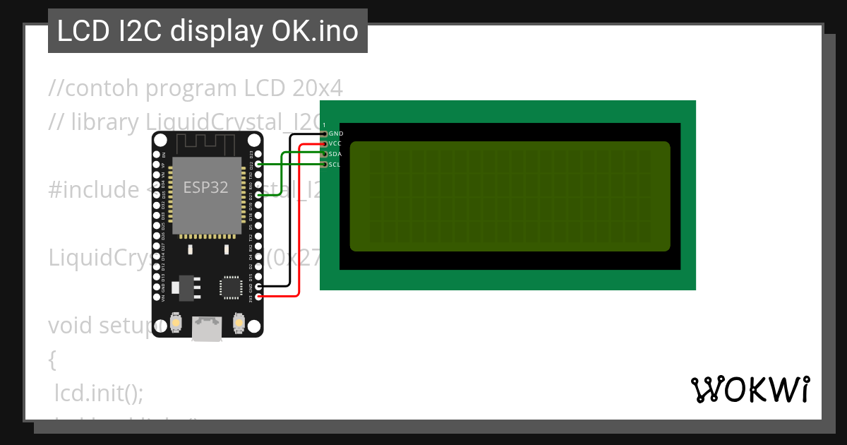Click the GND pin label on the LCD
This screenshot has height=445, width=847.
pyautogui.click(x=336, y=133)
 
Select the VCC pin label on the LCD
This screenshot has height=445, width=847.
pyautogui.click(x=335, y=143)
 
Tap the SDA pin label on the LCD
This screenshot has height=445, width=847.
pyautogui.click(x=335, y=154)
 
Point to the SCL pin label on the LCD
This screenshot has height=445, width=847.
pyautogui.click(x=335, y=165)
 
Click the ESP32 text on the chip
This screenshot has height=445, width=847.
pyautogui.click(x=205, y=187)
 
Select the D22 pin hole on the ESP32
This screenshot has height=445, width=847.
pyautogui.click(x=260, y=164)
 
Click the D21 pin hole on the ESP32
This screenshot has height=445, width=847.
pyautogui.click(x=260, y=194)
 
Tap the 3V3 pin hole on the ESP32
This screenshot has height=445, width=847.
pyautogui.click(x=260, y=297)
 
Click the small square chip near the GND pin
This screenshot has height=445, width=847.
pyautogui.click(x=231, y=287)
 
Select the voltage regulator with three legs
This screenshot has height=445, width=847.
pyautogui.click(x=187, y=286)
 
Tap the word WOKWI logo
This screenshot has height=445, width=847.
pyautogui.click(x=750, y=389)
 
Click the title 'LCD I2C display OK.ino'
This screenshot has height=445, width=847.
pyautogui.click(x=208, y=31)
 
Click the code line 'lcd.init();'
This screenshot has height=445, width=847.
pyautogui.click(x=99, y=393)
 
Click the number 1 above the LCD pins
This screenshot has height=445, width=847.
pyautogui.click(x=324, y=125)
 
